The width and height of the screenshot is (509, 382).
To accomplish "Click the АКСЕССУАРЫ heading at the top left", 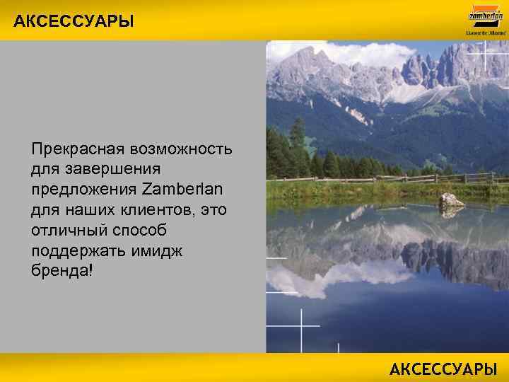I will click(74, 21).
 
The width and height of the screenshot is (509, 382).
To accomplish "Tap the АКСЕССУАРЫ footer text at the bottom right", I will click(443, 369).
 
